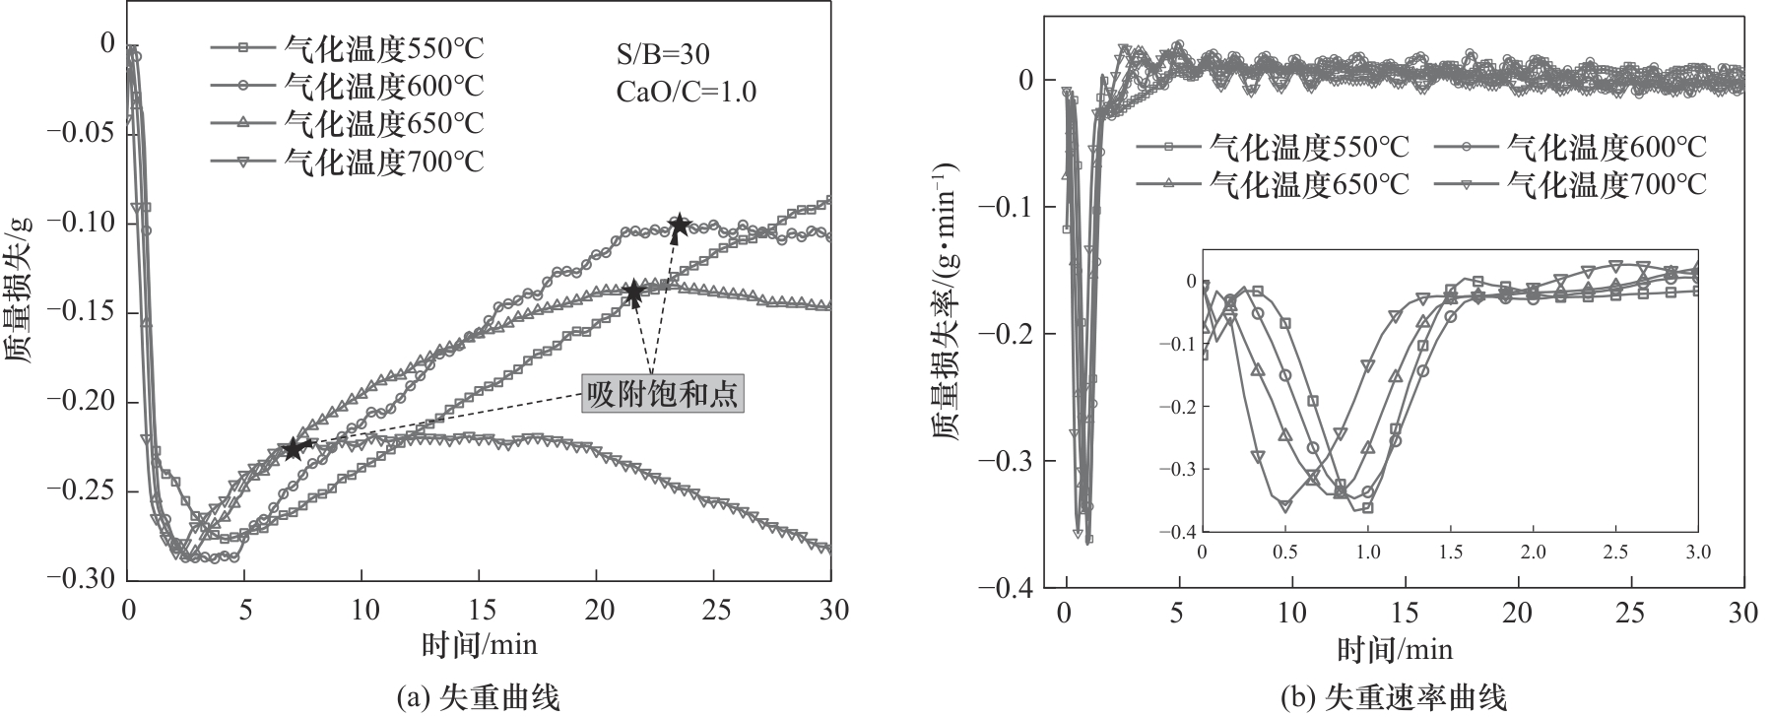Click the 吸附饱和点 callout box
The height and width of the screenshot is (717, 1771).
(x=661, y=395)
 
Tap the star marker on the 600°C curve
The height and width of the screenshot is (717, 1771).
(x=679, y=226)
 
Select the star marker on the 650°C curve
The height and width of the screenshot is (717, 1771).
(x=633, y=292)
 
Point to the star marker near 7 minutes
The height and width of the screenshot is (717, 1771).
(x=293, y=449)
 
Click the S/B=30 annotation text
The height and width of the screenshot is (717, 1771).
(x=660, y=53)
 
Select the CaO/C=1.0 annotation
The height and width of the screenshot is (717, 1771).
(x=687, y=92)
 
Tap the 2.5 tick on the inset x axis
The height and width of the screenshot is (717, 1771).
(x=1614, y=551)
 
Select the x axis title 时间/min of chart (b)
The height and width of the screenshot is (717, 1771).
(x=1394, y=649)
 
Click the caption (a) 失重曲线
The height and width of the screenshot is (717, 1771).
(x=478, y=698)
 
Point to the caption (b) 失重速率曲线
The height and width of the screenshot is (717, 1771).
(x=1394, y=698)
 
